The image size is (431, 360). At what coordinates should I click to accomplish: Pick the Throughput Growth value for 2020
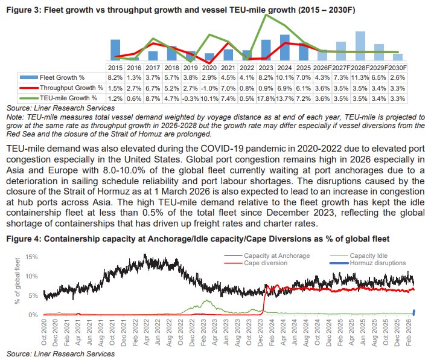click(209, 88)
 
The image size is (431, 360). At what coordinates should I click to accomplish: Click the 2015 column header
click(115, 68)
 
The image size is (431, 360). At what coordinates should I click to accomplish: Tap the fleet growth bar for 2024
click(284, 47)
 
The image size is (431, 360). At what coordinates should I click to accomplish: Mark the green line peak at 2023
click(265, 15)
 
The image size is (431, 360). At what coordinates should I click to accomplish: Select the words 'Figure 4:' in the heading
click(23, 239)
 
